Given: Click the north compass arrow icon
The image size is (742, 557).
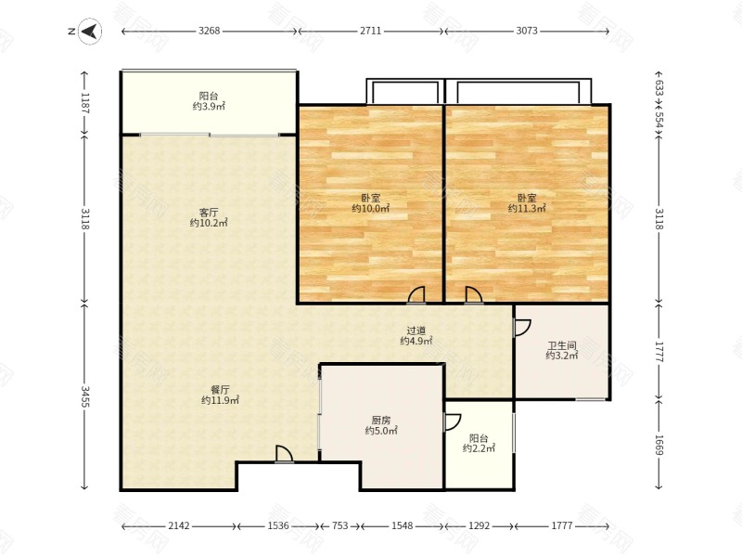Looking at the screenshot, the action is click(x=90, y=32).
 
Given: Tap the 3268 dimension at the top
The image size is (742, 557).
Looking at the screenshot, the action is click(x=210, y=31).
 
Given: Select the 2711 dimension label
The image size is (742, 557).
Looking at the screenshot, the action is click(x=370, y=31).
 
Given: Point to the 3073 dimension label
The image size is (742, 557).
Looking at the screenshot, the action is click(x=527, y=31).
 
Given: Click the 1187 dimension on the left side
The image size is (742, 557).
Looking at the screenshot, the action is click(x=85, y=103).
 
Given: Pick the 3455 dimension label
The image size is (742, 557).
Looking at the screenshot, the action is click(x=85, y=396).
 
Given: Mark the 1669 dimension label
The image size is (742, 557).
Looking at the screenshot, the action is click(x=659, y=445).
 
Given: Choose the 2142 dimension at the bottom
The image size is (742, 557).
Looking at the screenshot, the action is click(x=179, y=525).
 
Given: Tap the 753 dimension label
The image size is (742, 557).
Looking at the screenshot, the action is click(x=339, y=525).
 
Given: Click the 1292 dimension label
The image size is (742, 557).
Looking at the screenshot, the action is click(x=479, y=525).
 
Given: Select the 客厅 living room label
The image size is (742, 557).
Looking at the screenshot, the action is click(x=209, y=213).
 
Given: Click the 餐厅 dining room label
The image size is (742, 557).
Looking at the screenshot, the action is click(x=220, y=390).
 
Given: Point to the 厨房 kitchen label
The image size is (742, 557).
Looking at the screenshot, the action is click(x=381, y=421).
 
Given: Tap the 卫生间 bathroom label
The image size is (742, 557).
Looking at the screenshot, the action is click(x=562, y=345).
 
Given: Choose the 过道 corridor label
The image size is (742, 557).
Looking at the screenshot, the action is click(x=416, y=330).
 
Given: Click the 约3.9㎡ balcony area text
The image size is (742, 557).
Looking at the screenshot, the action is click(x=209, y=106).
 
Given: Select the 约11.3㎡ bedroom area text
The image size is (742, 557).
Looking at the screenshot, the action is click(x=527, y=208).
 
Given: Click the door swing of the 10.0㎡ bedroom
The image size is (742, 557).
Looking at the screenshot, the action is click(x=416, y=294).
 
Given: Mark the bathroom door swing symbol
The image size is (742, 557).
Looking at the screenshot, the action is click(x=522, y=328).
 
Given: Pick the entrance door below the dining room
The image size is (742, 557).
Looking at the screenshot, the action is click(x=284, y=454).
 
